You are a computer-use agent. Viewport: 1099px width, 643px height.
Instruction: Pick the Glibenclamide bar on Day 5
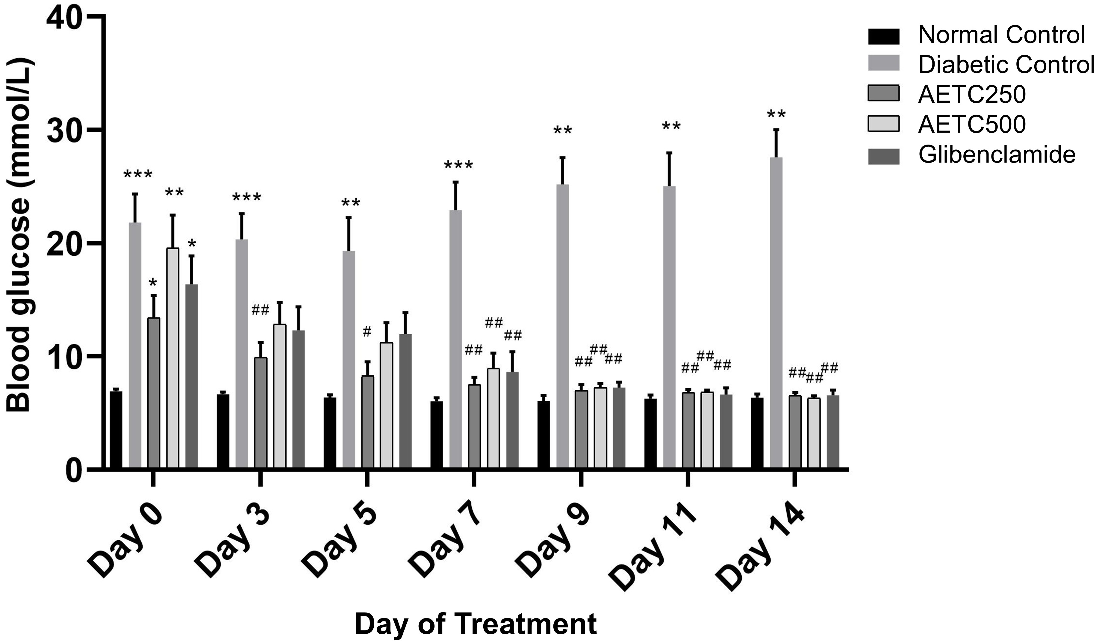(x=405, y=401)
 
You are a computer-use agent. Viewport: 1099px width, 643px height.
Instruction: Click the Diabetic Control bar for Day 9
(x=563, y=327)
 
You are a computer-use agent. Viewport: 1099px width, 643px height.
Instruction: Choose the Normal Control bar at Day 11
(x=651, y=433)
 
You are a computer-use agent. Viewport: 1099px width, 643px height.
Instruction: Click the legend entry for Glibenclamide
(x=997, y=155)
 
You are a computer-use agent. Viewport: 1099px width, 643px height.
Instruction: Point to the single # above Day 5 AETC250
(x=367, y=332)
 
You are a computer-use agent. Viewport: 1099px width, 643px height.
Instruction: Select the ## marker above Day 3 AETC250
(x=260, y=311)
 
